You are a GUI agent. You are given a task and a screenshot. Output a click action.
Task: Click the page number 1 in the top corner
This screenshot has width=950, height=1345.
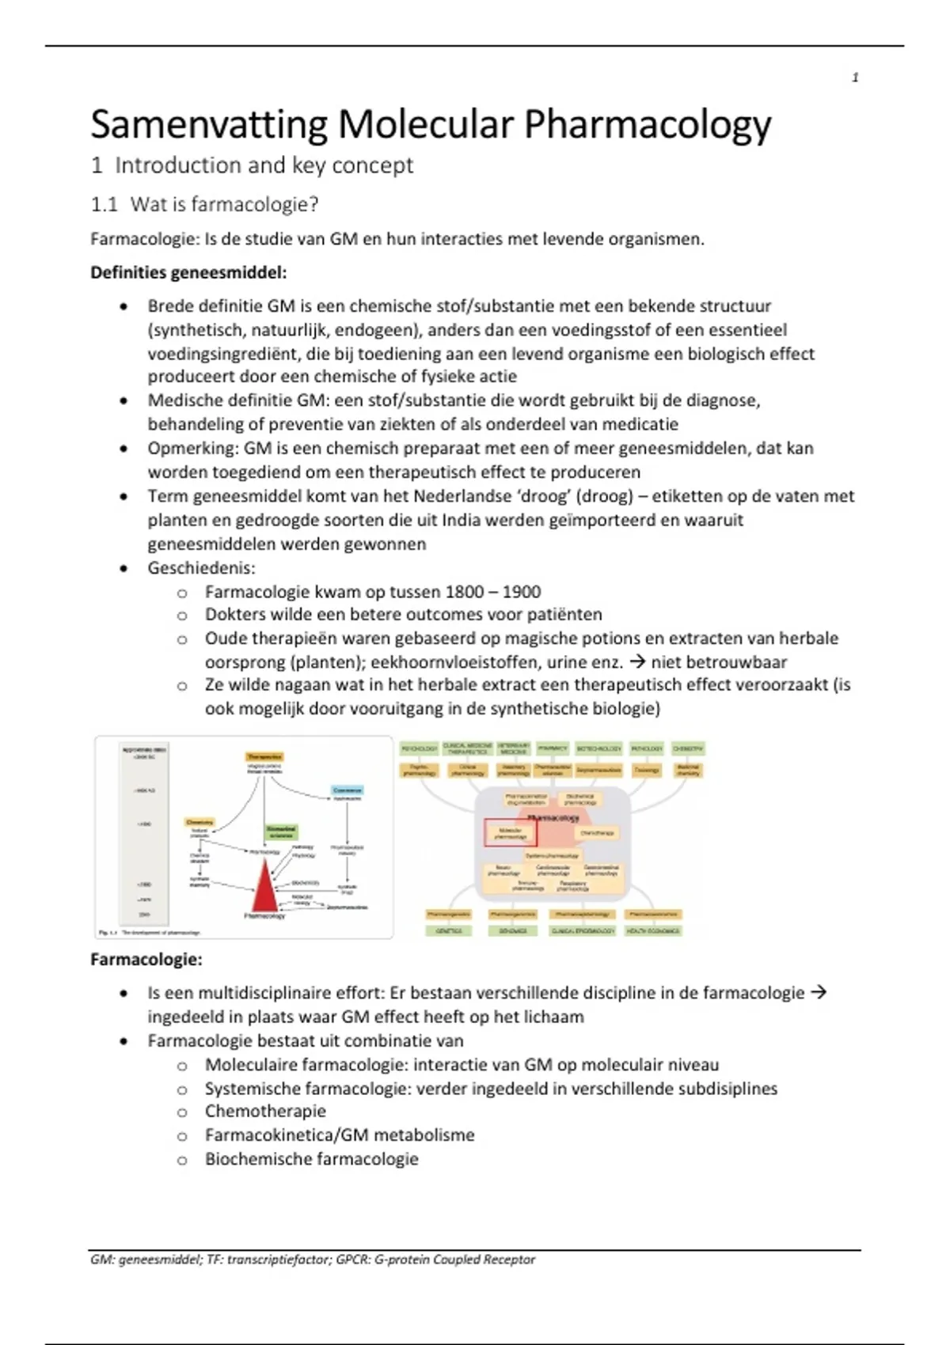pyautogui.click(x=855, y=78)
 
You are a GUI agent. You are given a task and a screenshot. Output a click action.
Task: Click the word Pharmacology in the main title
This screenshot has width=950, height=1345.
pyautogui.click(x=648, y=125)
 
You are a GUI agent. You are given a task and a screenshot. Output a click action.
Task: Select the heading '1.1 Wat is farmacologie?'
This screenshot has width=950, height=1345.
pyautogui.click(x=204, y=205)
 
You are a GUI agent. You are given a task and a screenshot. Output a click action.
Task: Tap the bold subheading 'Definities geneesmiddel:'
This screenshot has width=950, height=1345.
pyautogui.click(x=188, y=273)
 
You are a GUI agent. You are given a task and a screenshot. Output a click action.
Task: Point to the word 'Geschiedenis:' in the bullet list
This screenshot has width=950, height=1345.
pyautogui.click(x=201, y=568)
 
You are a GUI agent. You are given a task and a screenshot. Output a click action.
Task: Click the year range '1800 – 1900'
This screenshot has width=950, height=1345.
pyautogui.click(x=492, y=592)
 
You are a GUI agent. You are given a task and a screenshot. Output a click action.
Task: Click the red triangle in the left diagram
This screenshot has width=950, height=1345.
pyautogui.click(x=263, y=887)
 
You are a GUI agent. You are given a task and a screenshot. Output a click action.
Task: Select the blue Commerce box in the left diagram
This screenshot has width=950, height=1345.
pyautogui.click(x=347, y=790)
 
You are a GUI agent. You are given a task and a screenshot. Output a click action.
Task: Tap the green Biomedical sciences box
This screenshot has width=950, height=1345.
pyautogui.click(x=281, y=832)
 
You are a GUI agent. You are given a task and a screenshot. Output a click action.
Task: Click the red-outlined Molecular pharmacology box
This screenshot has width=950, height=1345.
pyautogui.click(x=510, y=833)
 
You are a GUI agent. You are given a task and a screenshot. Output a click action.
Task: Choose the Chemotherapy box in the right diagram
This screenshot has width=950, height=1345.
pyautogui.click(x=597, y=833)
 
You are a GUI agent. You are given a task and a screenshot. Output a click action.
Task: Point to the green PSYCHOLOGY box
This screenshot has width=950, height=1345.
pyautogui.click(x=420, y=748)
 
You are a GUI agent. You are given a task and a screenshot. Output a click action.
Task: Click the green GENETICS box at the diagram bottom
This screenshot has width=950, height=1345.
pyautogui.click(x=448, y=931)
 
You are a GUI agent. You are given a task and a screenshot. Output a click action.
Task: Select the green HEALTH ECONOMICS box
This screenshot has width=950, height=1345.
pyautogui.click(x=653, y=931)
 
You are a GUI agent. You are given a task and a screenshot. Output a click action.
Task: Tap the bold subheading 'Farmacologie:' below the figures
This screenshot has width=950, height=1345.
pyautogui.click(x=146, y=960)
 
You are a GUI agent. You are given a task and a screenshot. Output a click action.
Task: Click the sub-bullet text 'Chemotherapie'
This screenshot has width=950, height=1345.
pyautogui.click(x=265, y=1112)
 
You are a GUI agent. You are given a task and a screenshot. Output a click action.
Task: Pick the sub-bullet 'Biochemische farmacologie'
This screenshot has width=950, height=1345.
pyautogui.click(x=311, y=1159)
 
